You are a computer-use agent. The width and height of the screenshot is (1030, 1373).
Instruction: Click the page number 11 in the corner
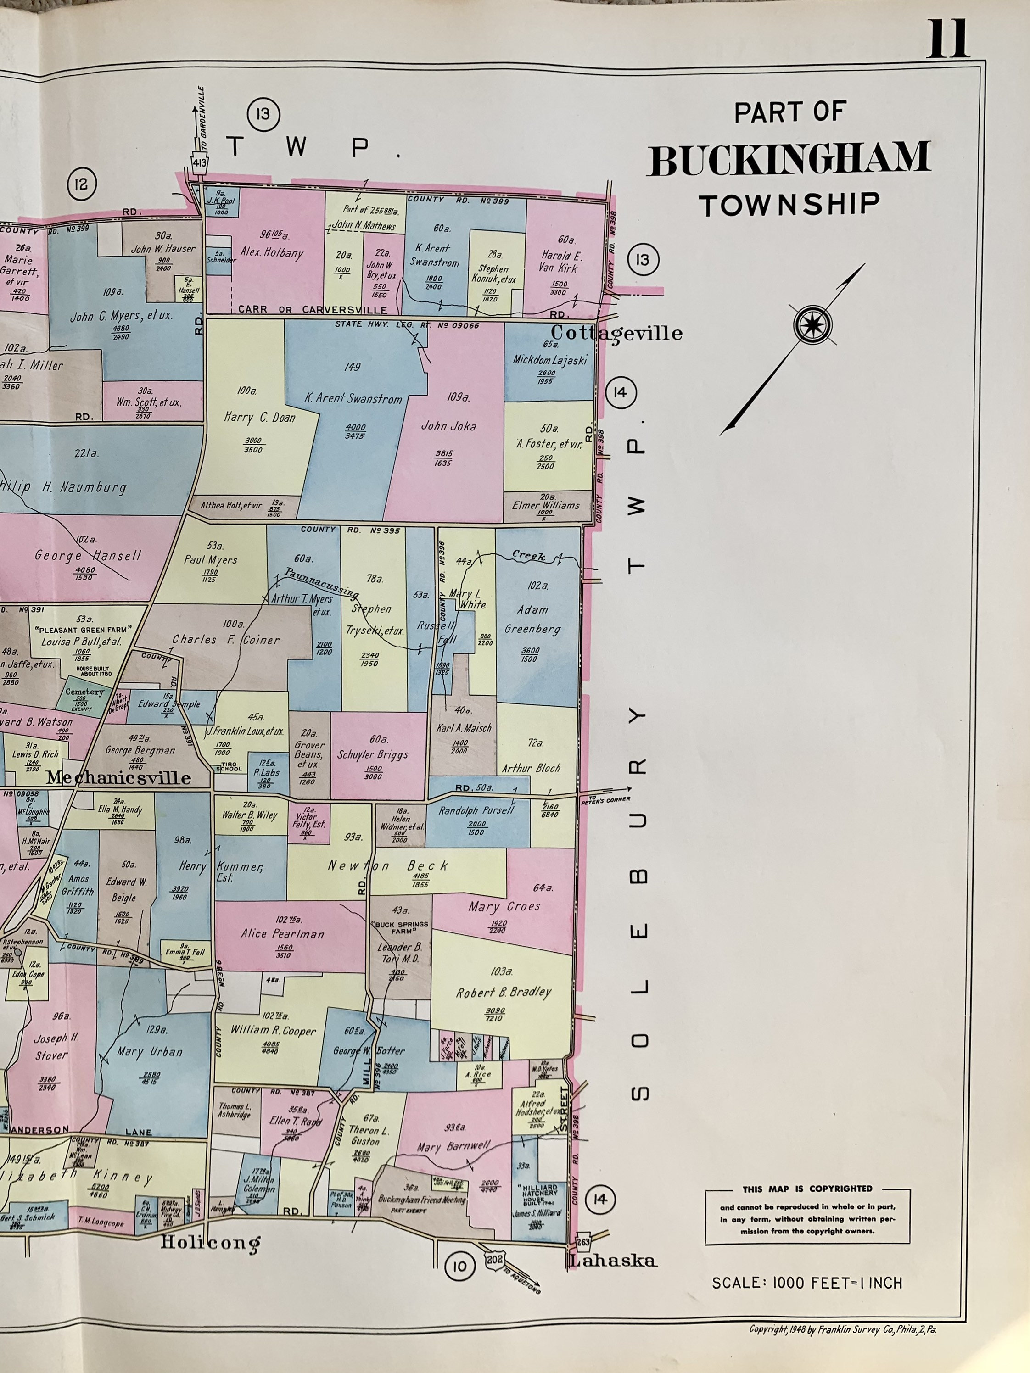[947, 39]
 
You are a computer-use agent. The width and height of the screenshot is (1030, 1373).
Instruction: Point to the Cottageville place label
[616, 333]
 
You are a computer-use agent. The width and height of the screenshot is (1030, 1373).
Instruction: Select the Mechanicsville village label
[118, 778]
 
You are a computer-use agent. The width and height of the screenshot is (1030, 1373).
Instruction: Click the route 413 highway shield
[200, 162]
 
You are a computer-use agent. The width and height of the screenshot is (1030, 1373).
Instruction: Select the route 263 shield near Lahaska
[583, 1241]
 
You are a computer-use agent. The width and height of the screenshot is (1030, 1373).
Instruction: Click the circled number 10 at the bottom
[459, 1266]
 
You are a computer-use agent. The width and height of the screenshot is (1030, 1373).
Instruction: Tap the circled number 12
[81, 184]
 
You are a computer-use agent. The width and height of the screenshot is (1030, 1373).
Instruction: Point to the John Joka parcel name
[448, 426]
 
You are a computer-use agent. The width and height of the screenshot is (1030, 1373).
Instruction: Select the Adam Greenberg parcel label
[532, 619]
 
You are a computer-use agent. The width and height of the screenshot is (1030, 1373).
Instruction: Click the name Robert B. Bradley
[504, 992]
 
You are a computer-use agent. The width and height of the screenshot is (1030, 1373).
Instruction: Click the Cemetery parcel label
[84, 692]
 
